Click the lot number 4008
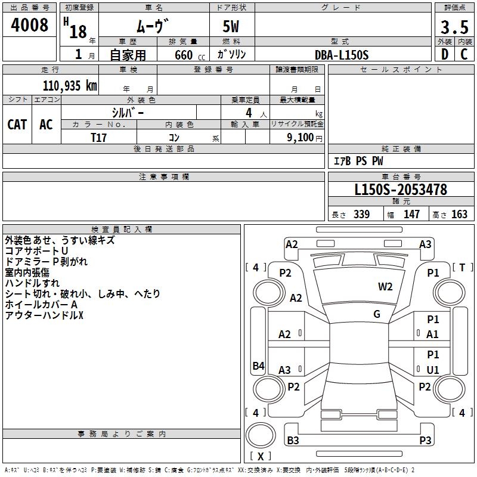(29, 25)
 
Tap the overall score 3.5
(454, 27)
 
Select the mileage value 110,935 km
(70, 86)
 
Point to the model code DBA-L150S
(342, 55)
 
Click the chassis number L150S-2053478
(401, 190)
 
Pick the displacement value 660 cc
(190, 55)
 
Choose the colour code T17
(98, 138)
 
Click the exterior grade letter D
(445, 54)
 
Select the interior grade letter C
(464, 54)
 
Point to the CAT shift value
(17, 125)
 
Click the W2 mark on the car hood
(385, 287)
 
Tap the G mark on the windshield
(377, 314)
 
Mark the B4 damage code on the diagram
(259, 366)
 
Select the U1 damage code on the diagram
(433, 370)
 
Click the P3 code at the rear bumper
(425, 440)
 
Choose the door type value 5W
(231, 26)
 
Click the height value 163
(459, 214)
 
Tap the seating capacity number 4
(249, 113)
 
